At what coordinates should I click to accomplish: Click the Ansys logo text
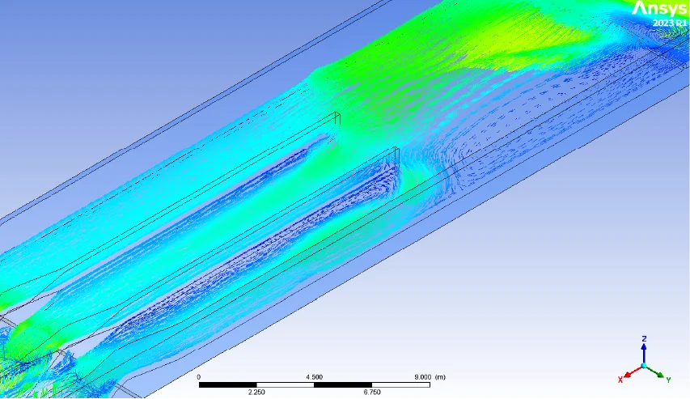click(x=659, y=9)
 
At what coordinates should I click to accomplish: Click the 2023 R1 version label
click(x=670, y=23)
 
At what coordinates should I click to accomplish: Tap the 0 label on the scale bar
click(x=199, y=377)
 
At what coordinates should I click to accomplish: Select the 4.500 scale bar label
click(x=314, y=377)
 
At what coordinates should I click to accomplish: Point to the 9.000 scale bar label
click(x=423, y=377)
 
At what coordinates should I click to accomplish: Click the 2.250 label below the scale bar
click(x=256, y=392)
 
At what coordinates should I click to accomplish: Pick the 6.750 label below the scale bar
click(x=372, y=392)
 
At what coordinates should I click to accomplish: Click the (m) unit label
click(x=440, y=377)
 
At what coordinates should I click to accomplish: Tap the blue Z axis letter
click(x=644, y=338)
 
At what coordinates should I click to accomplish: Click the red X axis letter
click(x=620, y=380)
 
